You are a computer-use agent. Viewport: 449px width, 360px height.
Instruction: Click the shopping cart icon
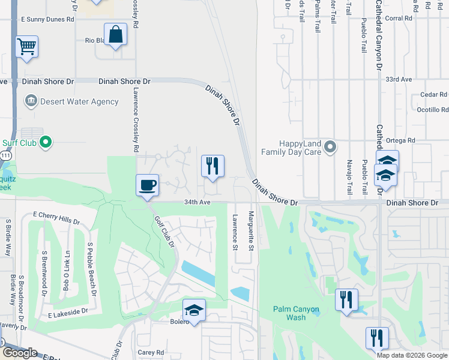click(26, 46)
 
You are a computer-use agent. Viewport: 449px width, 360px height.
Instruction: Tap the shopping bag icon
click(115, 34)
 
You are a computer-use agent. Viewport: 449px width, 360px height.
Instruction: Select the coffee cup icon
click(147, 184)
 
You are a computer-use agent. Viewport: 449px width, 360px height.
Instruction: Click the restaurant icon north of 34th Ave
click(212, 166)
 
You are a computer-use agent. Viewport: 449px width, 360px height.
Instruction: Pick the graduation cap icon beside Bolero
click(194, 310)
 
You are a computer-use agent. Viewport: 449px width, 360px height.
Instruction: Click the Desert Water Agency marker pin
click(31, 101)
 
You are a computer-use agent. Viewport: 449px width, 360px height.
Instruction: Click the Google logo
click(20, 352)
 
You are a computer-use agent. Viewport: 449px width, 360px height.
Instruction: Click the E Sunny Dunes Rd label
click(47, 19)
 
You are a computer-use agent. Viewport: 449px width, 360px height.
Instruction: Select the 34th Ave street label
click(197, 203)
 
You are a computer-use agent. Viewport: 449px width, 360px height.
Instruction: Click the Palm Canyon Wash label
click(296, 313)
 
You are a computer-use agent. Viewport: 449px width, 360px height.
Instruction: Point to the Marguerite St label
click(252, 231)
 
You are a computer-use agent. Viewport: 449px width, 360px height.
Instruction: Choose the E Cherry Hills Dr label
click(56, 217)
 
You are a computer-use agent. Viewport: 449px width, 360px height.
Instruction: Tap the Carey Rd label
click(151, 353)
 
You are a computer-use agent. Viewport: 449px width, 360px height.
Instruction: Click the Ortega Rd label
click(402, 140)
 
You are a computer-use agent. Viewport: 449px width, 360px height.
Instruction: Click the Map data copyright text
click(411, 355)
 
